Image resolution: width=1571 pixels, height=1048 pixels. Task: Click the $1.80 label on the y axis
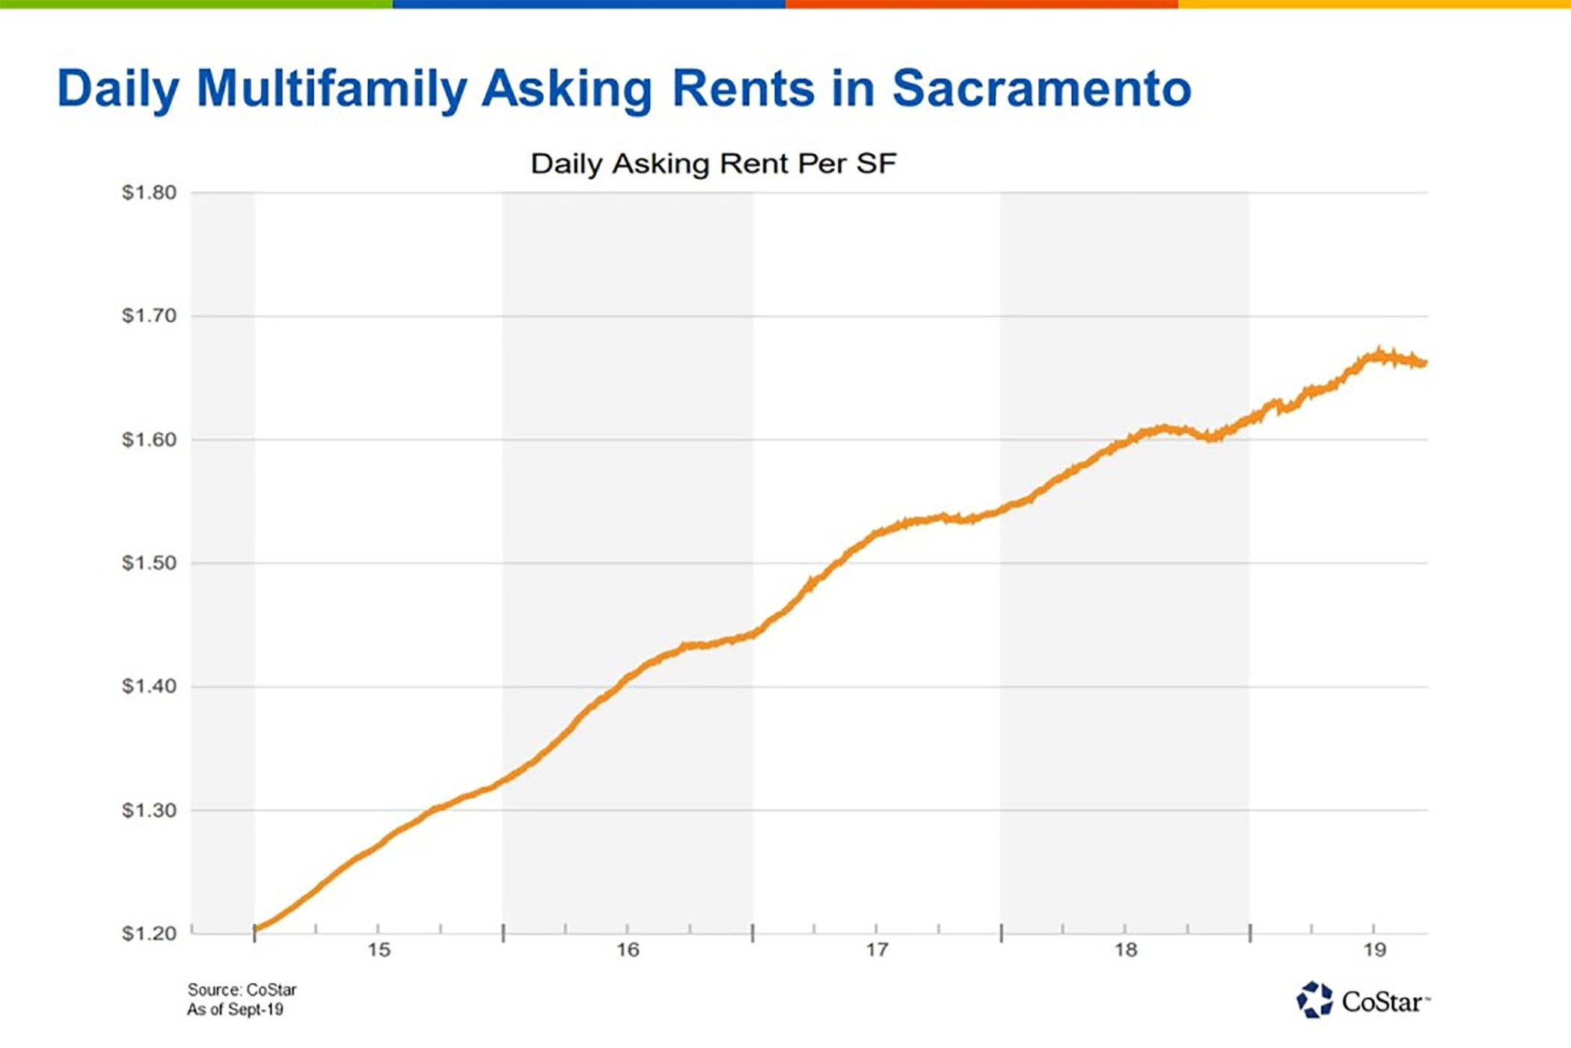[x=149, y=193]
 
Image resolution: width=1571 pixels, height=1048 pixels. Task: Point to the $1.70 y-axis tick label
[x=149, y=316]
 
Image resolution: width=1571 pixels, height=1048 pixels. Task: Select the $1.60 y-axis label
[x=149, y=440]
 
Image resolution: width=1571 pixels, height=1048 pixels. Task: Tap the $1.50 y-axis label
[x=149, y=563]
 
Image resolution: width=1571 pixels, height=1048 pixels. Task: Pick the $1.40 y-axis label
[x=149, y=686]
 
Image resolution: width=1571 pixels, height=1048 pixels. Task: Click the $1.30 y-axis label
[x=149, y=810]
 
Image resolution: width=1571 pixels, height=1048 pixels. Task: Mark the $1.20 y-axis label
[x=149, y=934]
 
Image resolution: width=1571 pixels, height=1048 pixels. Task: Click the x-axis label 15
[x=379, y=950]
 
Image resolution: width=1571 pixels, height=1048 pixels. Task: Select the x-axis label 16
[x=628, y=950]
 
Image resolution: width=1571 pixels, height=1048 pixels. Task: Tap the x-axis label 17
[x=877, y=950]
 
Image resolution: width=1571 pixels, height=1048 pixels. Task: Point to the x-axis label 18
[x=1125, y=950]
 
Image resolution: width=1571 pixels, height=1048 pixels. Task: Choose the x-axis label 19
[x=1374, y=950]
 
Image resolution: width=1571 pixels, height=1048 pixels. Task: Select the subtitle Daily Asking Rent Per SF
[x=713, y=164]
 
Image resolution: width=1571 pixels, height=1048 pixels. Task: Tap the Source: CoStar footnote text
[x=242, y=990]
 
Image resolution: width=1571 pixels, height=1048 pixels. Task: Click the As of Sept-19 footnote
[x=235, y=1010]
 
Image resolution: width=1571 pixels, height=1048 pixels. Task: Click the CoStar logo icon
[x=1314, y=1000]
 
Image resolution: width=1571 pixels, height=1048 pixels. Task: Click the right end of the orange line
[x=1424, y=364]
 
